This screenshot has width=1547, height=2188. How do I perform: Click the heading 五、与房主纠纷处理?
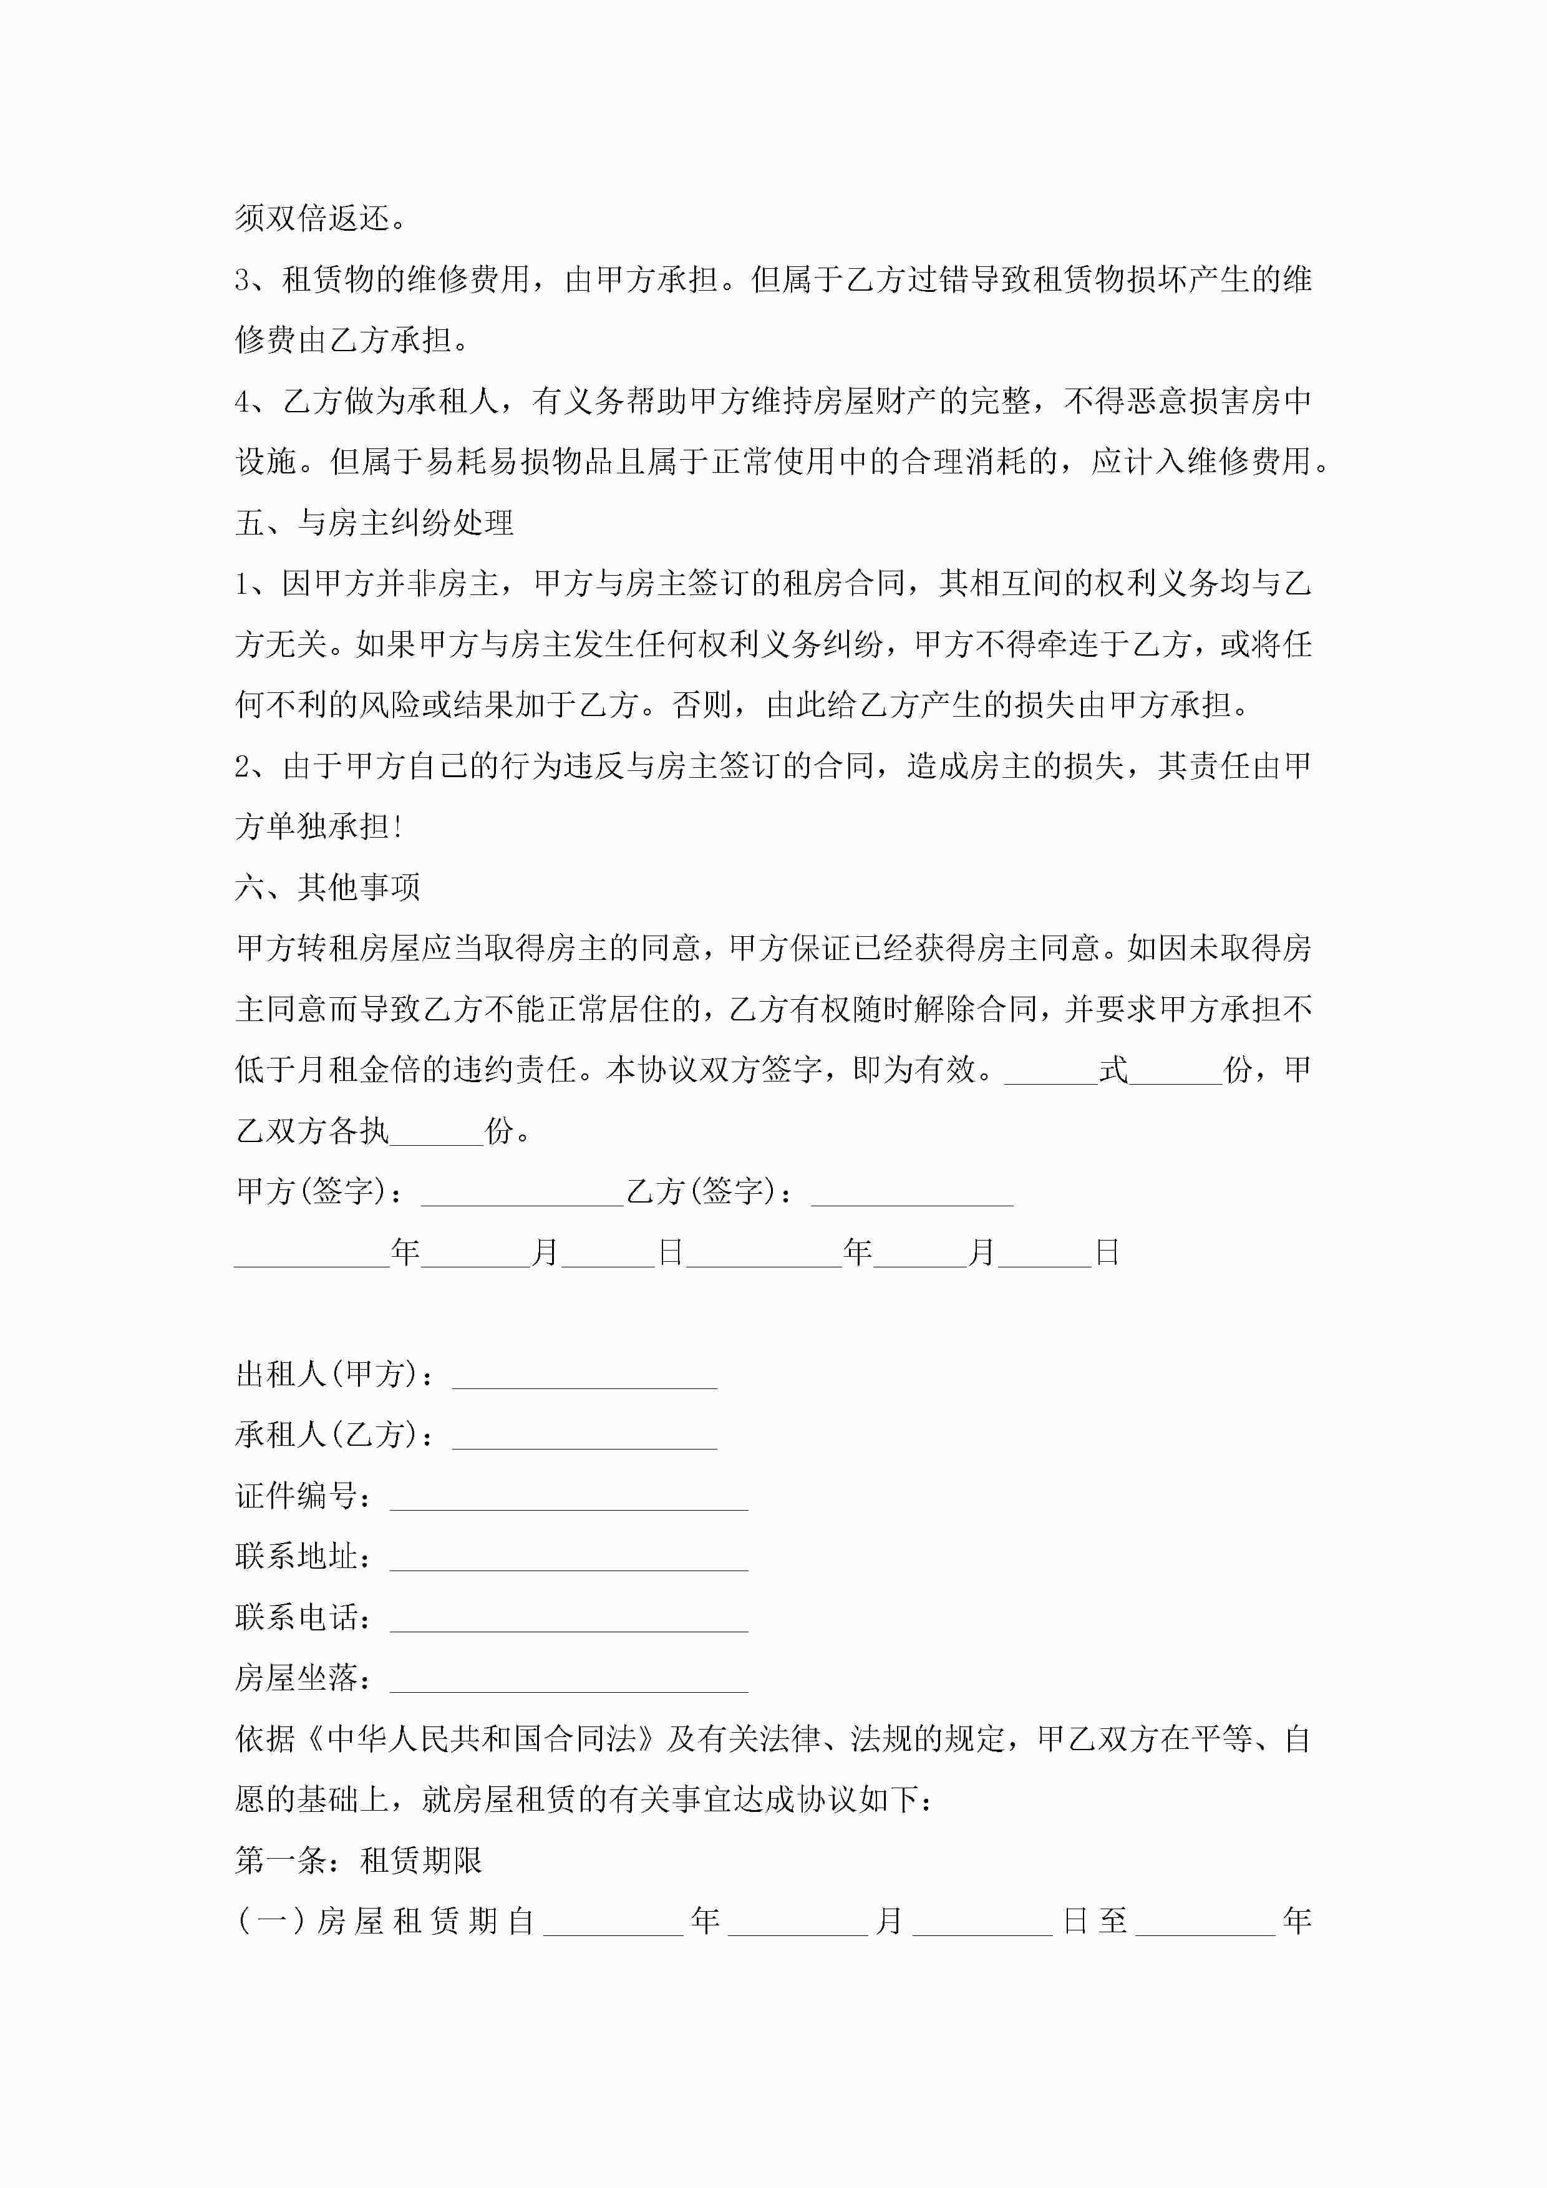375,522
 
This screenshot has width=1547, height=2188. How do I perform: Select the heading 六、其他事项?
328,887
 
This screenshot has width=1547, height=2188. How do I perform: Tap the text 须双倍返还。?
321,218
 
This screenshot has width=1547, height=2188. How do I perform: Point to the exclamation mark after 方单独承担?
397,826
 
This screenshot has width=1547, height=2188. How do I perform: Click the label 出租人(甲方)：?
337,1374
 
